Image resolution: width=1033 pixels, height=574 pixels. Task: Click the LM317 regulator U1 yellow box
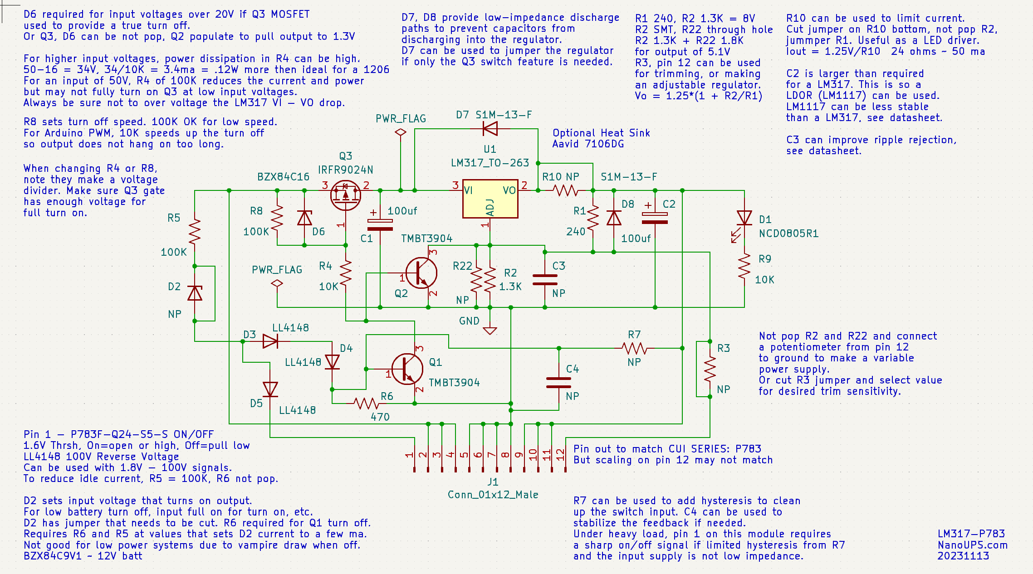point(490,199)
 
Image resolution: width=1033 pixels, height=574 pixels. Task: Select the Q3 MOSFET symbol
point(345,195)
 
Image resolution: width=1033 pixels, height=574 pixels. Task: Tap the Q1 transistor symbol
point(407,369)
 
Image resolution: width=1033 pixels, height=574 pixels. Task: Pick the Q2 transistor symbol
point(421,273)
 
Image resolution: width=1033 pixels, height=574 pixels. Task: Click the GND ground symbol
point(490,330)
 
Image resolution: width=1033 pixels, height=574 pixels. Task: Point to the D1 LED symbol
point(744,219)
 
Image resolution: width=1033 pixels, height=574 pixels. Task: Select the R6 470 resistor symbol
point(367,403)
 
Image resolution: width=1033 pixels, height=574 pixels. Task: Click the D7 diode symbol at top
point(490,129)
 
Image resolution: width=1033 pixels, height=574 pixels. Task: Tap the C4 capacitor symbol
point(558,383)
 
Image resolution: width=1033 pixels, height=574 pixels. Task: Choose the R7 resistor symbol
point(634,348)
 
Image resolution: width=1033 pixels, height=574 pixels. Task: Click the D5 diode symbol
point(270,389)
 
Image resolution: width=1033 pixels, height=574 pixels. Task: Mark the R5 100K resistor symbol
point(195,232)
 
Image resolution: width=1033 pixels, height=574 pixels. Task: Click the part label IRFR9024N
point(345,170)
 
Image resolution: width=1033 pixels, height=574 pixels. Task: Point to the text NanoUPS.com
point(972,545)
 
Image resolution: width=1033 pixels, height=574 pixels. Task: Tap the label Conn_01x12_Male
point(493,495)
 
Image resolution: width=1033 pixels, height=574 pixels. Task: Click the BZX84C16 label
point(283,177)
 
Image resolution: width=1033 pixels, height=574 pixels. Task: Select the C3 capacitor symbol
point(545,280)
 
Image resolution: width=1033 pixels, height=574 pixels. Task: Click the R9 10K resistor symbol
point(744,266)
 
